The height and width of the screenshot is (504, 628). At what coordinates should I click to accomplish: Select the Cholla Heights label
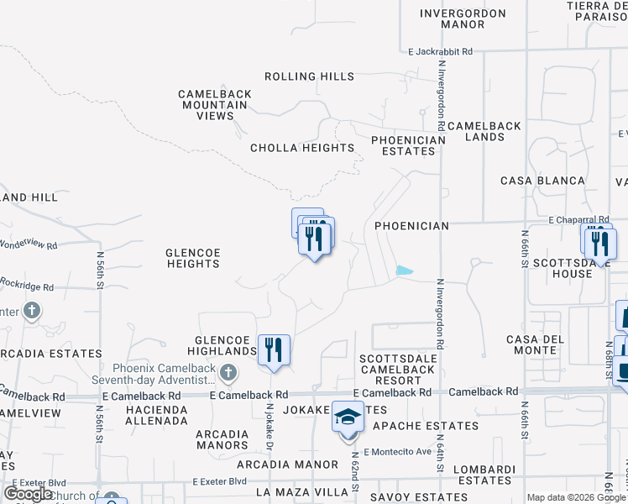pos(302,148)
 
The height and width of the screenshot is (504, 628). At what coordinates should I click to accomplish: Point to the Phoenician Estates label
pos(407,145)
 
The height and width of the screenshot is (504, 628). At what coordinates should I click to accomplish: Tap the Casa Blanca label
pos(542,181)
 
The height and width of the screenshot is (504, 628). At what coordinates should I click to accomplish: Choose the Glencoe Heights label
pos(192,257)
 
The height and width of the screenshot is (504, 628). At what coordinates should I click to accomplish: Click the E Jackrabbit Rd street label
pos(441,51)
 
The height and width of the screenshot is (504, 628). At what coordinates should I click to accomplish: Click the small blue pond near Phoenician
pos(404,270)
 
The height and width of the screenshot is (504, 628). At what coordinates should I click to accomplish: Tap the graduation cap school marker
pos(348,416)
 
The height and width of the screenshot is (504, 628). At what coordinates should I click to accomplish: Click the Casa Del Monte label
pos(533,344)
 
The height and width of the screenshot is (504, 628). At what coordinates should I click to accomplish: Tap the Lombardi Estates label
pos(483,475)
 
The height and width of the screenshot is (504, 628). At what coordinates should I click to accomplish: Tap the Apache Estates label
pos(426,426)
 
